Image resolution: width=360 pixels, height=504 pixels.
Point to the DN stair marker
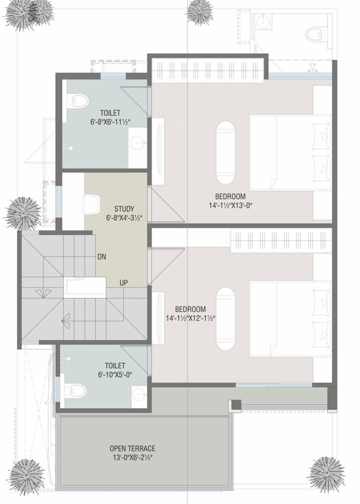click(102, 257)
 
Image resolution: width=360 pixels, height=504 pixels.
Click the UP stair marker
click(123, 283)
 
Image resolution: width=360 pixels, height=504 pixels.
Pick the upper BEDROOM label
click(230, 196)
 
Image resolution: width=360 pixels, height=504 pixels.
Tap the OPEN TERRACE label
click(132, 448)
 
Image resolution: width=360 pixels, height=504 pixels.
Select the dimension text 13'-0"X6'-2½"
click(132, 457)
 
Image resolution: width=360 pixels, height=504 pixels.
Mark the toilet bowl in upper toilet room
click(78, 101)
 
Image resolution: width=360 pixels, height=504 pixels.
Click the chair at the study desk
click(91, 206)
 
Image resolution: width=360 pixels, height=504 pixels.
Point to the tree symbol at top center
click(200, 12)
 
